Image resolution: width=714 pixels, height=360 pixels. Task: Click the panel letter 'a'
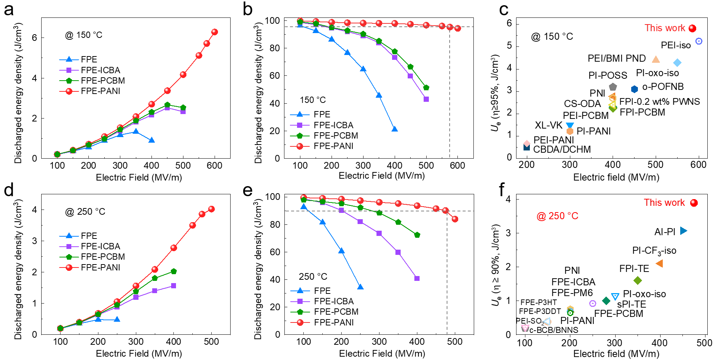tap(9, 9)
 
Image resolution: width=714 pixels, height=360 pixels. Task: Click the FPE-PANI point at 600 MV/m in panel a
tap(215, 32)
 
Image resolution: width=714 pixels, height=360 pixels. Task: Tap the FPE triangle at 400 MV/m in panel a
tap(151, 140)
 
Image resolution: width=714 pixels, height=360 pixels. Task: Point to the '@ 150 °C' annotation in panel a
tap(84, 35)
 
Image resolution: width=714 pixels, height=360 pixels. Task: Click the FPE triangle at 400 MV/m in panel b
tap(395, 129)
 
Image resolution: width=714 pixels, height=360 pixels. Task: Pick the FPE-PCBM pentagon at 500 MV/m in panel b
tap(426, 88)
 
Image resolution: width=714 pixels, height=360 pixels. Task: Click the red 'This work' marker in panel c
tap(692, 28)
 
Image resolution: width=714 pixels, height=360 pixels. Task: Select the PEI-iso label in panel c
tap(675, 45)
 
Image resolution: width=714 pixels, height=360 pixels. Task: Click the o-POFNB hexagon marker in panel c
tap(635, 89)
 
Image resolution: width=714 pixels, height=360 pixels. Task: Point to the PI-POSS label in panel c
tap(607, 75)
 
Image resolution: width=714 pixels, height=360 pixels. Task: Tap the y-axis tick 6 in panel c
tap(509, 23)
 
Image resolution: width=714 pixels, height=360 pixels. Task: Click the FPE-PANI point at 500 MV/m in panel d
tap(211, 209)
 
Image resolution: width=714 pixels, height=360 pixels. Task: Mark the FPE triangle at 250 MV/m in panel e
tap(360, 287)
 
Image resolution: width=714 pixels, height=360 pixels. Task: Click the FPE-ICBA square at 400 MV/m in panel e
tap(417, 278)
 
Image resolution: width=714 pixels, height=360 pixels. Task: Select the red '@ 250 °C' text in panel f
tap(557, 216)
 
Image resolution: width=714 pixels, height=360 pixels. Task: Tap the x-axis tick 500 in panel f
tap(704, 343)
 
